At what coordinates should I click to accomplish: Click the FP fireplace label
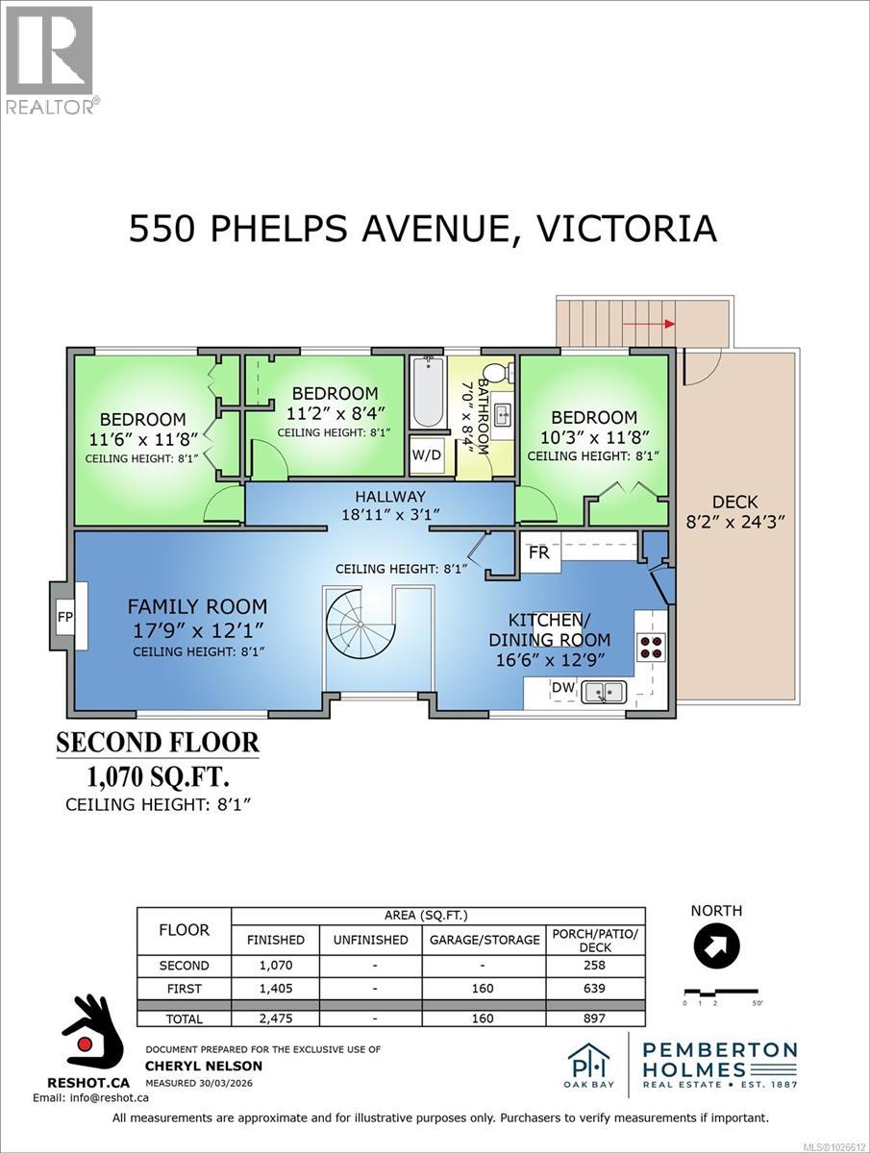[65, 617]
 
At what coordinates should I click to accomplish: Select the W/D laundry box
[427, 454]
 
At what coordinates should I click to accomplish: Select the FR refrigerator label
[538, 553]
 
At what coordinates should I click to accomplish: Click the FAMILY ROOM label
[198, 606]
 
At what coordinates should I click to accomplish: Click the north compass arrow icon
[716, 946]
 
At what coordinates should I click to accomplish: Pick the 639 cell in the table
[596, 987]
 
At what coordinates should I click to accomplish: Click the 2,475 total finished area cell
[275, 1018]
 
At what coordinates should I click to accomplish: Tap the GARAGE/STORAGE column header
[484, 940]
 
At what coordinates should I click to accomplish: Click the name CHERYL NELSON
[203, 1066]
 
